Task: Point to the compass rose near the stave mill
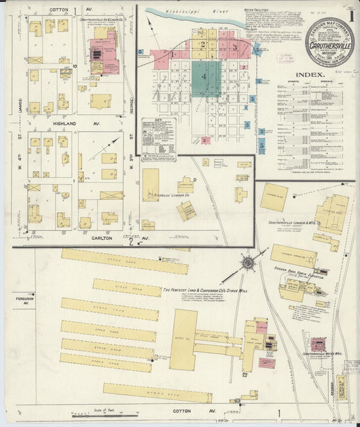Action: [248, 262]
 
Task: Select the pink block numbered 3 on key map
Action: [234, 47]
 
